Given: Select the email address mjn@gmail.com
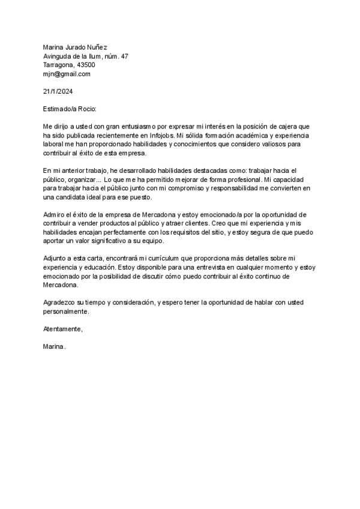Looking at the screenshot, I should tap(66, 74).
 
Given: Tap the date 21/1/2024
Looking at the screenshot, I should tap(58, 91).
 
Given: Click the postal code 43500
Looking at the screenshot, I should tap(85, 65).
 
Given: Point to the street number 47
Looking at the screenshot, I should tap(124, 56).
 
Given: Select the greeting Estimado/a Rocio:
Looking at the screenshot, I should tap(70, 109).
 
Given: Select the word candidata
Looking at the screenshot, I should tap(79, 197).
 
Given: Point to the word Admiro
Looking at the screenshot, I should tap(53, 214).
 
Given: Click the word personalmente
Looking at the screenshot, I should tap(66, 312).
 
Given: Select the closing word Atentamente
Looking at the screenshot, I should tap(62, 329).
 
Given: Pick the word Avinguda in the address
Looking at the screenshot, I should tap(58, 56).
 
